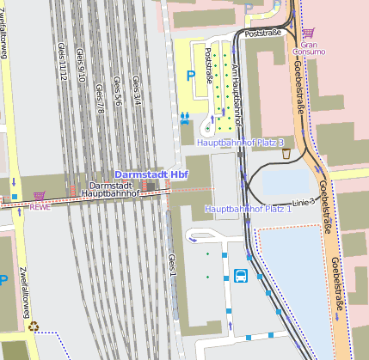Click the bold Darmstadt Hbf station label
point(151,174)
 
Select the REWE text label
point(40,206)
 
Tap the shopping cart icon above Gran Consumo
point(307,34)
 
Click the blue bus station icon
point(240,276)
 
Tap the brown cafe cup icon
point(286,154)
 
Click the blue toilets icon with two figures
point(185,116)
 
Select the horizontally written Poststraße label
point(263,34)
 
